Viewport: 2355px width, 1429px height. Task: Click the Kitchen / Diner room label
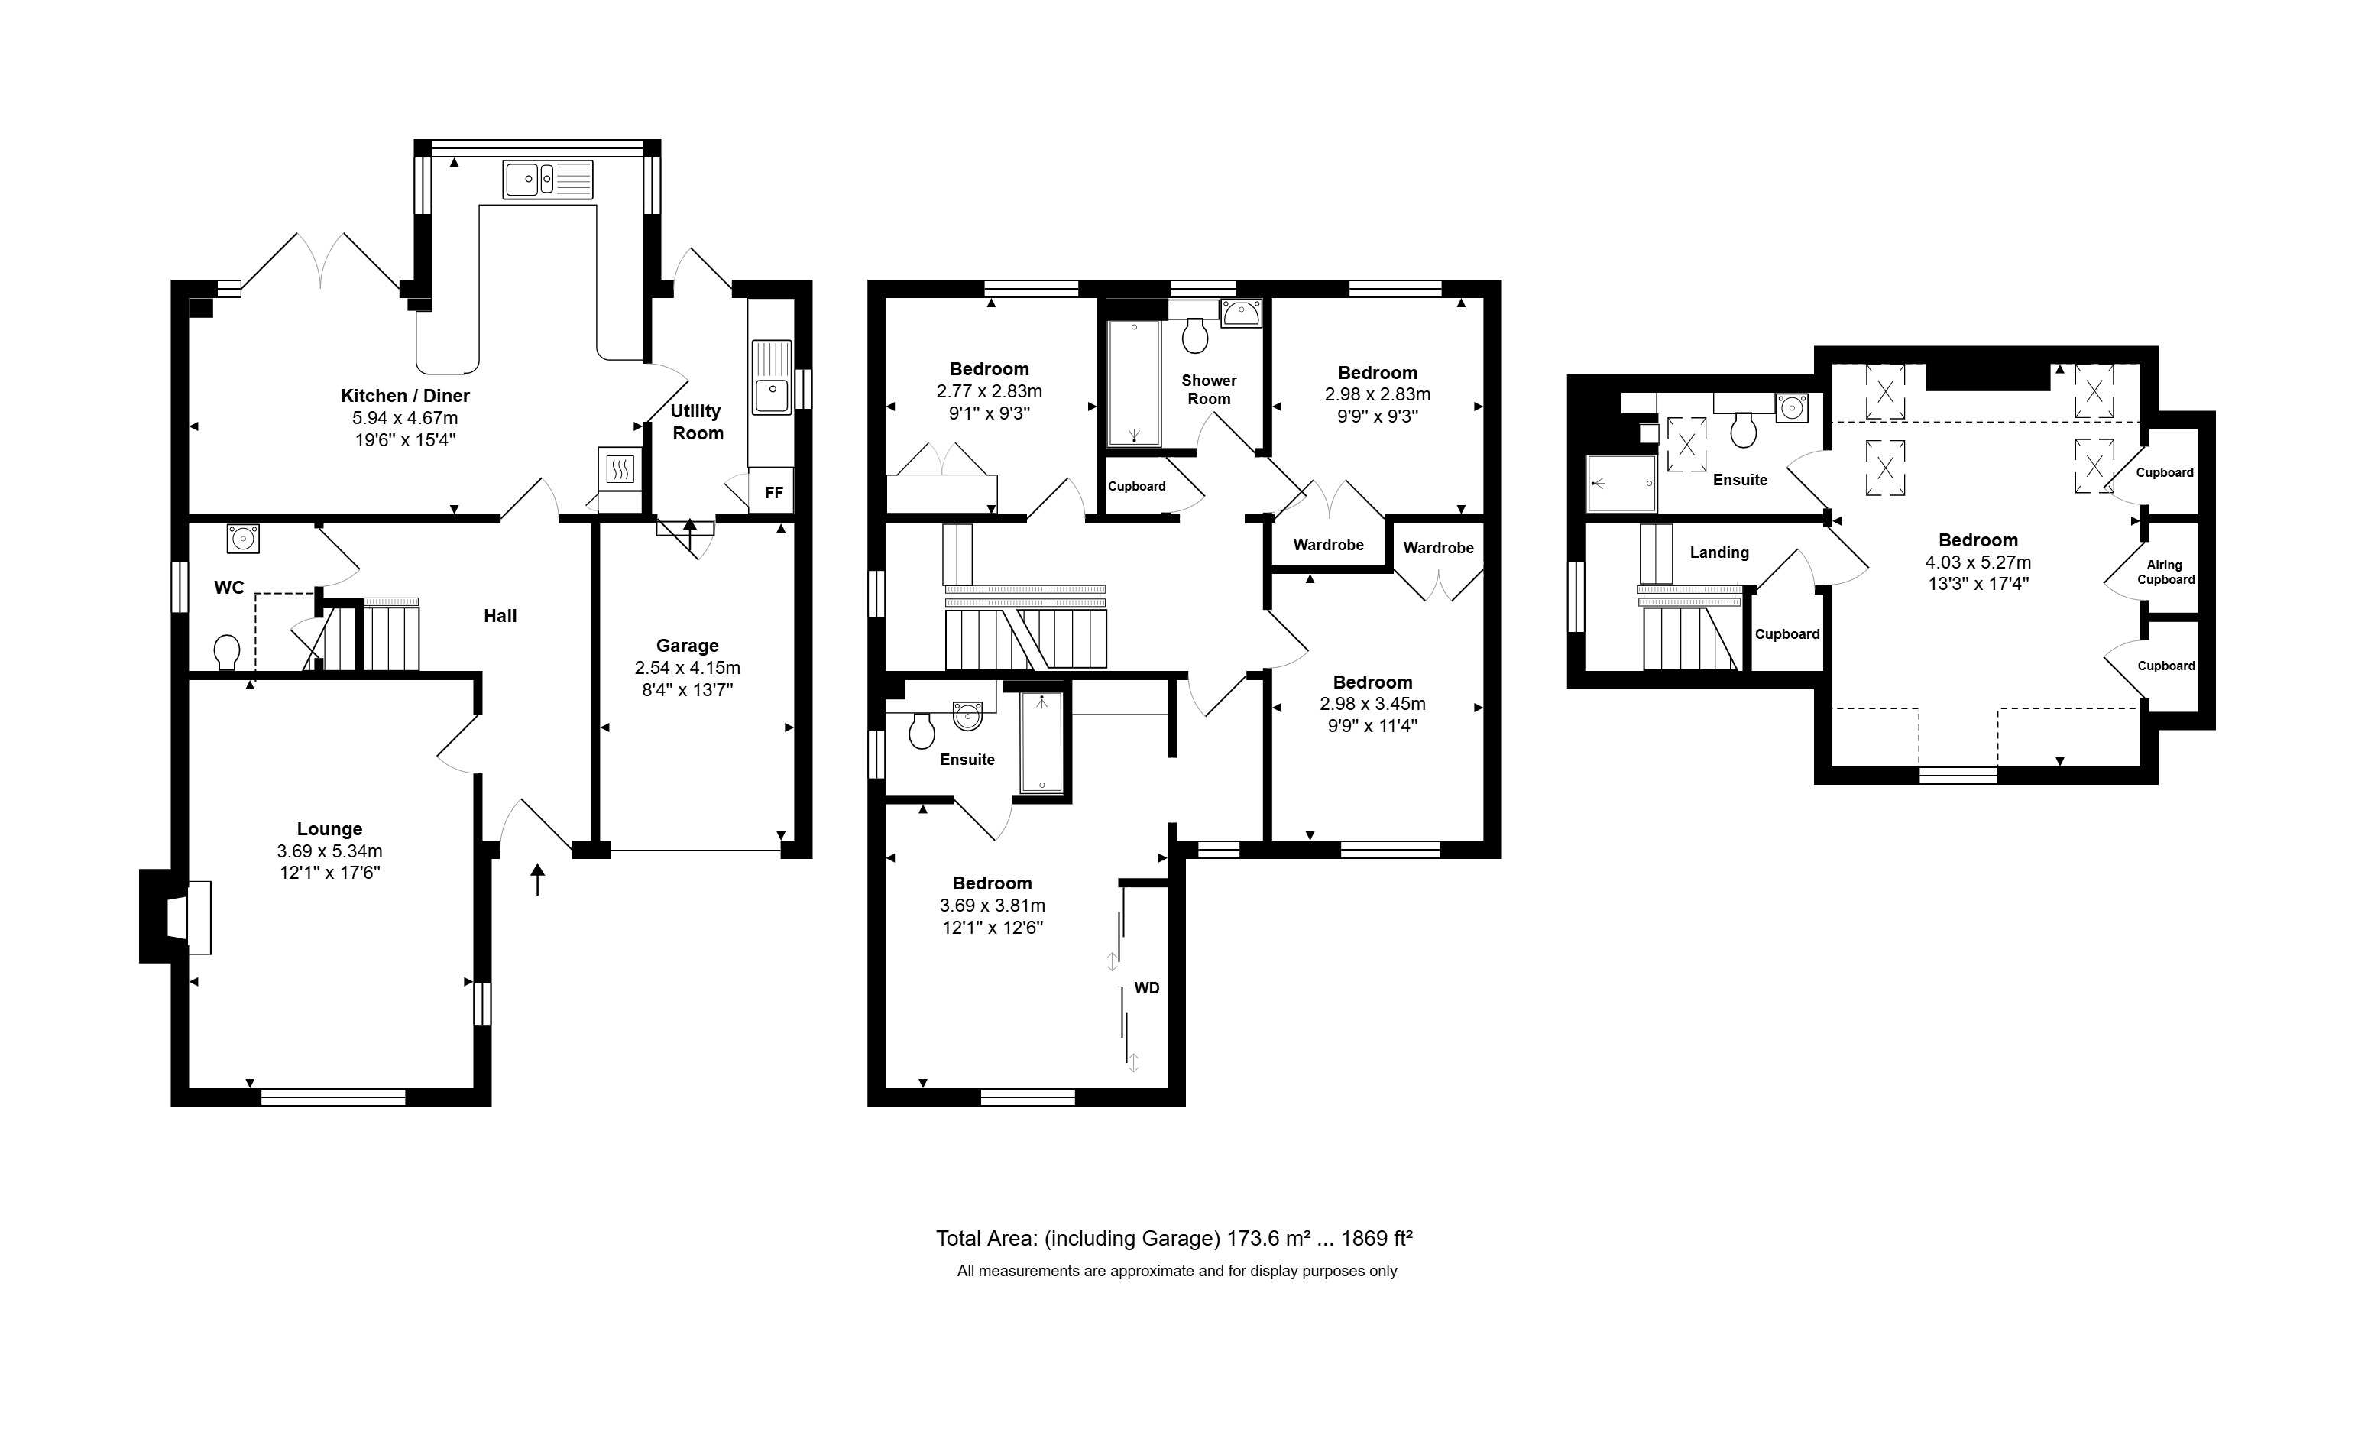pyautogui.click(x=405, y=396)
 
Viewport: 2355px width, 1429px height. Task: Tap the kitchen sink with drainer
pyautogui.click(x=548, y=180)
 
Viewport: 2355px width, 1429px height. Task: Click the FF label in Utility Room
pyautogui.click(x=774, y=493)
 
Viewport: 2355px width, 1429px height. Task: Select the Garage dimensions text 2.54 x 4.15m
pyautogui.click(x=687, y=668)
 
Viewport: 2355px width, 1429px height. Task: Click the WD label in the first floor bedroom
pyautogui.click(x=1147, y=988)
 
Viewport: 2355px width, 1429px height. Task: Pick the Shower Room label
pyautogui.click(x=1209, y=390)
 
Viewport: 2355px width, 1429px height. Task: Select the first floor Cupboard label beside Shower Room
pyautogui.click(x=1136, y=487)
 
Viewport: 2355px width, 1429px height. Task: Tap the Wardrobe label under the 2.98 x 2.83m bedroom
pyautogui.click(x=1329, y=545)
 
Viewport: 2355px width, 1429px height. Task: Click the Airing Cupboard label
pyautogui.click(x=2165, y=572)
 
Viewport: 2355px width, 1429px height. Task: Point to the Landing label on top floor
pyautogui.click(x=1719, y=552)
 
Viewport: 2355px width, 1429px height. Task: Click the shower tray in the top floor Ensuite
pyautogui.click(x=1621, y=483)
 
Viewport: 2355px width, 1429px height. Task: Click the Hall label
pyautogui.click(x=500, y=617)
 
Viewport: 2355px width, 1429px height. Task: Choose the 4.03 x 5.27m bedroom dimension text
pyautogui.click(x=1978, y=563)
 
